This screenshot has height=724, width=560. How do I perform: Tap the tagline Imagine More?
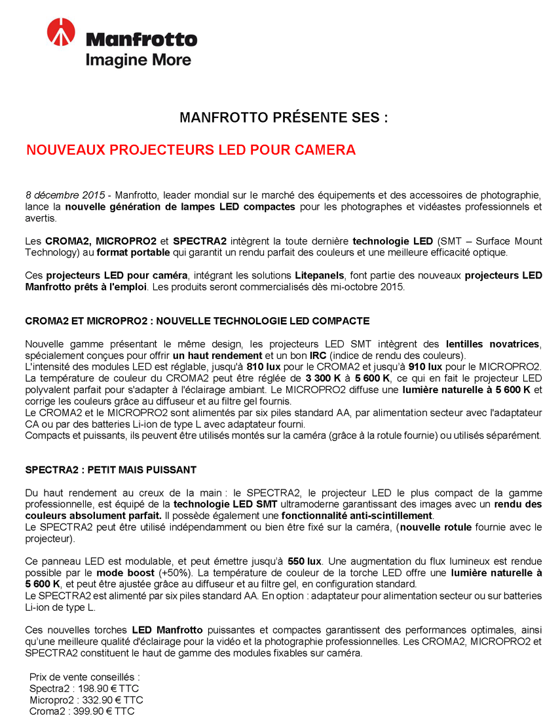tap(138, 60)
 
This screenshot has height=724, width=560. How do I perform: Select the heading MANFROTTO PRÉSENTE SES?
tap(284, 118)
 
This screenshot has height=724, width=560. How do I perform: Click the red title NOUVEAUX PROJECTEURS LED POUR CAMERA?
tap(191, 150)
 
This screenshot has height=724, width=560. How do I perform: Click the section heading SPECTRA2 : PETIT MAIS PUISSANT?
tap(111, 470)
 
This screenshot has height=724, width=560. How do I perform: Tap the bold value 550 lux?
tap(305, 561)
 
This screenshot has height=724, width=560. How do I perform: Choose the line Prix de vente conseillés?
tap(85, 677)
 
